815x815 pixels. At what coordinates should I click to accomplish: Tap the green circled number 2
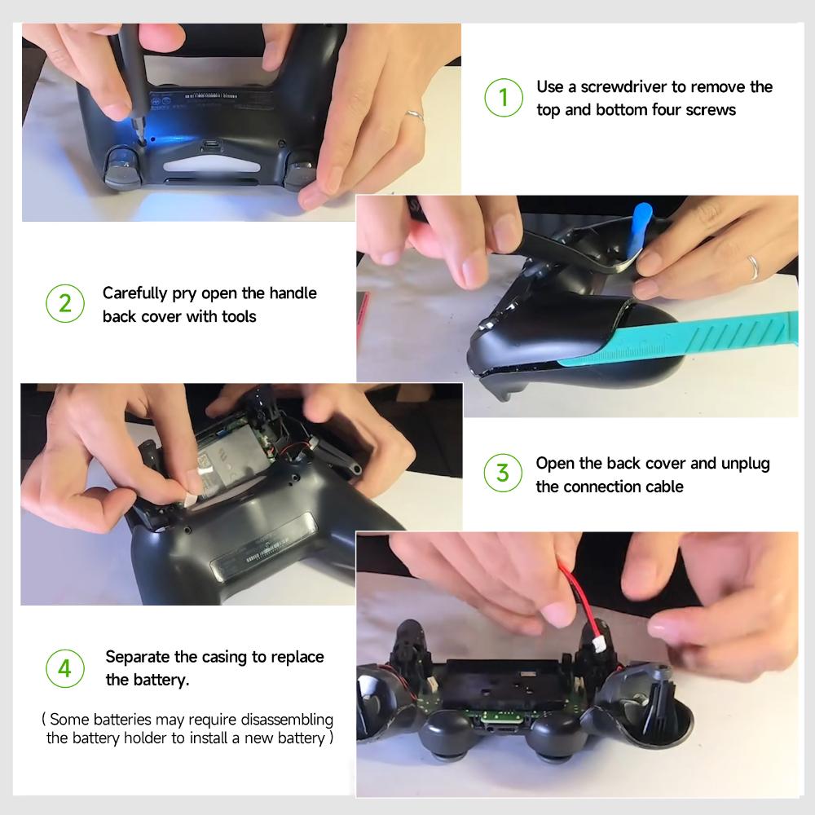tap(64, 305)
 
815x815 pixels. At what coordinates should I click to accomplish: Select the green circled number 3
tap(503, 474)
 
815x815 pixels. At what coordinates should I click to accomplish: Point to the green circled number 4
tap(64, 667)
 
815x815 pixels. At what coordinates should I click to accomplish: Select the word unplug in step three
tap(745, 463)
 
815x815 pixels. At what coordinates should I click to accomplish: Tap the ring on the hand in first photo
tap(415, 115)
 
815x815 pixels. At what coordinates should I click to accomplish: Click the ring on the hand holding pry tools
tap(754, 265)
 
